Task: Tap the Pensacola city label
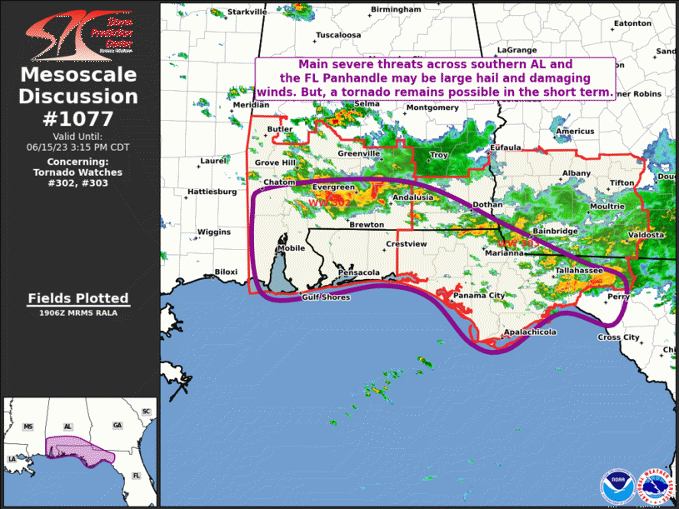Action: pos(359,272)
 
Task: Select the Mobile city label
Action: pos(291,248)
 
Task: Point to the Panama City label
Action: pos(478,296)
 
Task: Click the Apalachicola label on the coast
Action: pos(529,332)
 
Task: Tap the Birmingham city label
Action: pos(396,8)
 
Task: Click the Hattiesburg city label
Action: pos(212,191)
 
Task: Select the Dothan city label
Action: pos(487,204)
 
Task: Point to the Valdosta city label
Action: pos(646,235)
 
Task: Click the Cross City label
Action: pos(619,337)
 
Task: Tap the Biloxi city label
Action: pos(226,272)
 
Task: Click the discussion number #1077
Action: pos(78,118)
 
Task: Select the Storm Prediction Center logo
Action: pos(78,35)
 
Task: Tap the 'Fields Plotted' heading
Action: pos(78,298)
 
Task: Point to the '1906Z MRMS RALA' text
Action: pos(78,313)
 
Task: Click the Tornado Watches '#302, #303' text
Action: pos(78,183)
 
